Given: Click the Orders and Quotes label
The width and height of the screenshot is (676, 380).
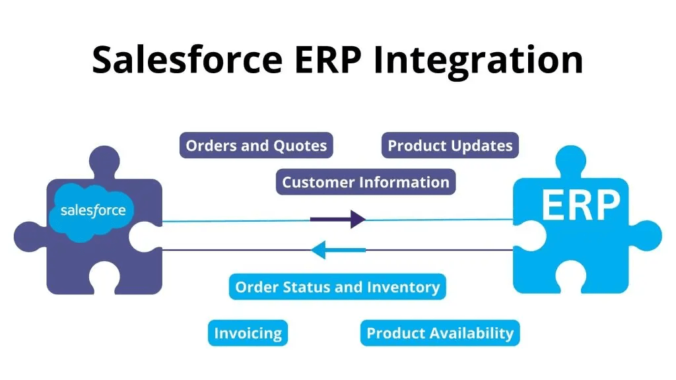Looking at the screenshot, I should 256,146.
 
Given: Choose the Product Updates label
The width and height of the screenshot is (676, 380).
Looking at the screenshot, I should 450,146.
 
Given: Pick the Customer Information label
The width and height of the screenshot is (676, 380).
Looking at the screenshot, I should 366,182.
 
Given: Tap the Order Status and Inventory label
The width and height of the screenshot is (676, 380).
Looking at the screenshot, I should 337,288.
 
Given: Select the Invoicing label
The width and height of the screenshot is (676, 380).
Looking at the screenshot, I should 248,333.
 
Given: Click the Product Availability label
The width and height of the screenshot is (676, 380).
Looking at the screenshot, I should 440,333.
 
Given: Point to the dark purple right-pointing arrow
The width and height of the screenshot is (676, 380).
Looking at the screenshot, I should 338,219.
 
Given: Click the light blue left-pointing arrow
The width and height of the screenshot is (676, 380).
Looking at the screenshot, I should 338,249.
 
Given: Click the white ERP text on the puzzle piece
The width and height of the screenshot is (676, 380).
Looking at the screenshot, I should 580,205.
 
